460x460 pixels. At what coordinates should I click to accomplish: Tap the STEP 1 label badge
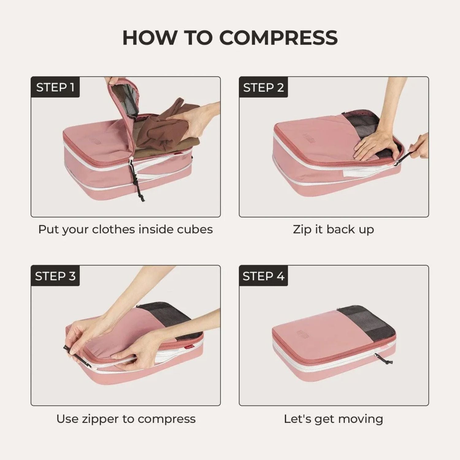click(x=55, y=87)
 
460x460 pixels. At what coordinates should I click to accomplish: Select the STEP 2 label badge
click(x=263, y=87)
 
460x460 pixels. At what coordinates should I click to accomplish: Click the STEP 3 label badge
click(x=55, y=276)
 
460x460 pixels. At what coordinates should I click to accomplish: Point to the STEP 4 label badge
click(x=263, y=276)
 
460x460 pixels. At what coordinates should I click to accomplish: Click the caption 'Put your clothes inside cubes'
click(x=125, y=229)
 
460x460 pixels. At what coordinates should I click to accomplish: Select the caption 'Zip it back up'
click(x=333, y=229)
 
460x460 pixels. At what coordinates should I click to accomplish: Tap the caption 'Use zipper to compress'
click(x=126, y=419)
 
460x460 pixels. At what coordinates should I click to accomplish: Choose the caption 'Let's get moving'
click(x=333, y=419)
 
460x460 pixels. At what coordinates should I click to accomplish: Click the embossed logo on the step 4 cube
click(x=303, y=334)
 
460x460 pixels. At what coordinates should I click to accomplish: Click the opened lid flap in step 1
click(x=123, y=101)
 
